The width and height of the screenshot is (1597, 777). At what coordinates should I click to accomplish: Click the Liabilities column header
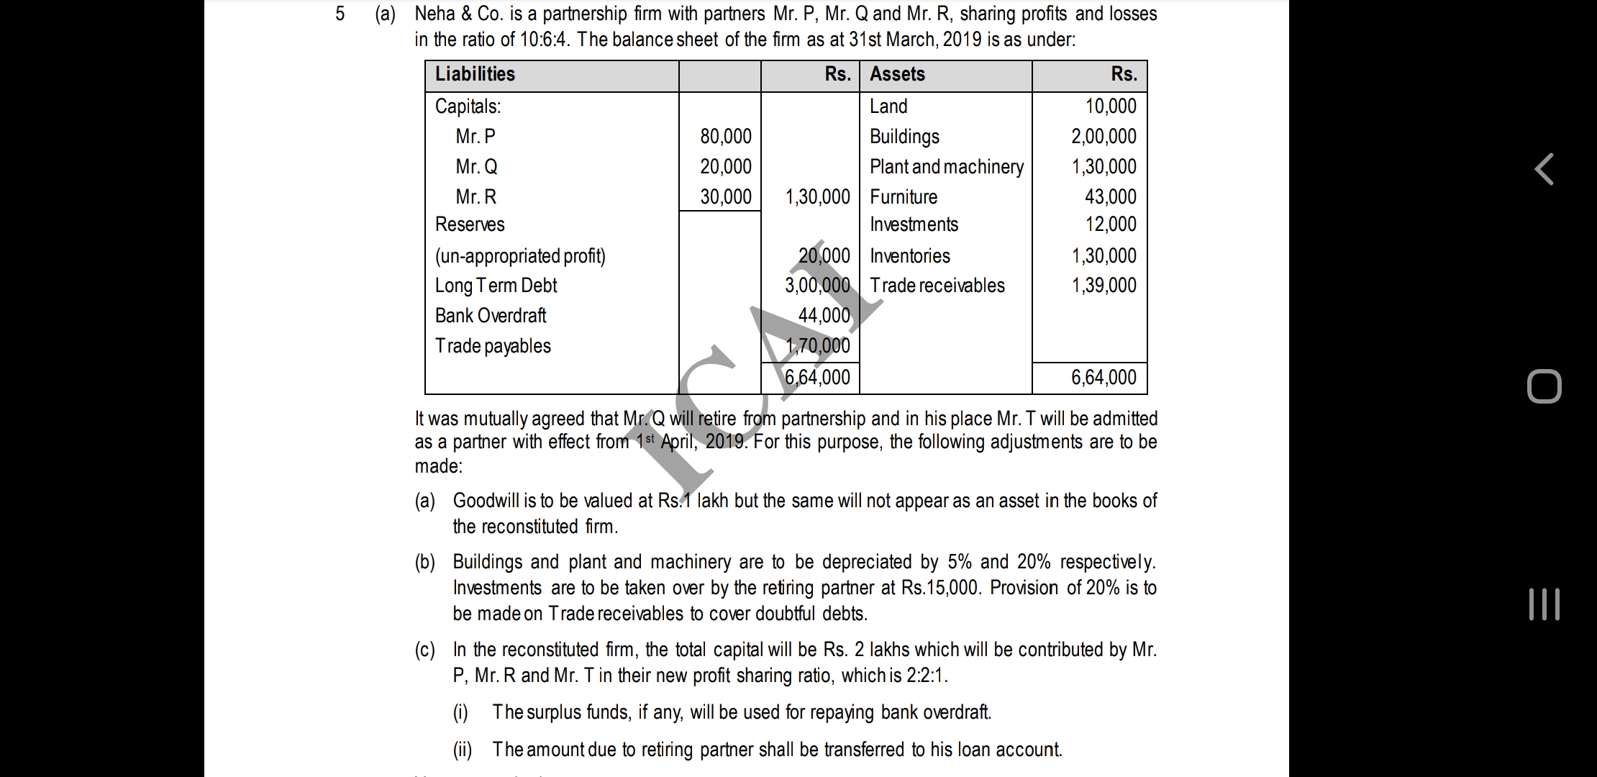(475, 74)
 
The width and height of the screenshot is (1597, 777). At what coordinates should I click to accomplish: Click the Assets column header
(897, 74)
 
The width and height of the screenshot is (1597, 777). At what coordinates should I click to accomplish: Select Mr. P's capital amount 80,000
(725, 136)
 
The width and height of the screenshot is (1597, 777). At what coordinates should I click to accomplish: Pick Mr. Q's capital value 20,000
(725, 166)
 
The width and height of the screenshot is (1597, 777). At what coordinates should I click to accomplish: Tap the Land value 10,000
(1111, 106)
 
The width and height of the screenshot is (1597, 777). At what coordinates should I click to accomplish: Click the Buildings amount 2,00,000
(1104, 136)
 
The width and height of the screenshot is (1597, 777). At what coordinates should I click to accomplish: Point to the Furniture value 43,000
(1110, 196)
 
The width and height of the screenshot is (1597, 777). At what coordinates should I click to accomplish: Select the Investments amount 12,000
(1110, 224)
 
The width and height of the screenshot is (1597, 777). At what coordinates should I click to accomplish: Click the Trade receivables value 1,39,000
(1104, 285)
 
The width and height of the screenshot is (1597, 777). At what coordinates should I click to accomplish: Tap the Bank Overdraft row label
(491, 315)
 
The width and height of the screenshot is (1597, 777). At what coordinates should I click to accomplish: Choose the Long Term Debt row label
(496, 285)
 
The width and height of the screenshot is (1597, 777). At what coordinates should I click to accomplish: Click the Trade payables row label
(493, 345)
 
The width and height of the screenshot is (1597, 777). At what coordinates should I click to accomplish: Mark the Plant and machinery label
(946, 166)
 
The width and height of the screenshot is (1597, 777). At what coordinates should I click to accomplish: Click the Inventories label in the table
(909, 255)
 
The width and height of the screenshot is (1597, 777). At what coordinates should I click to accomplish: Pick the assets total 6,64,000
(1104, 377)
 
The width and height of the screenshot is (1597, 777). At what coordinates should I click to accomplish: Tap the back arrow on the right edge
(1544, 169)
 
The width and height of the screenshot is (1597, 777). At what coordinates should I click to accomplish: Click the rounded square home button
(1544, 386)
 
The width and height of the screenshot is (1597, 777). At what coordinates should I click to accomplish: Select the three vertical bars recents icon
(1544, 604)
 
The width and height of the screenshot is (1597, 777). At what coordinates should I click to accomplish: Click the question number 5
(340, 14)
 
